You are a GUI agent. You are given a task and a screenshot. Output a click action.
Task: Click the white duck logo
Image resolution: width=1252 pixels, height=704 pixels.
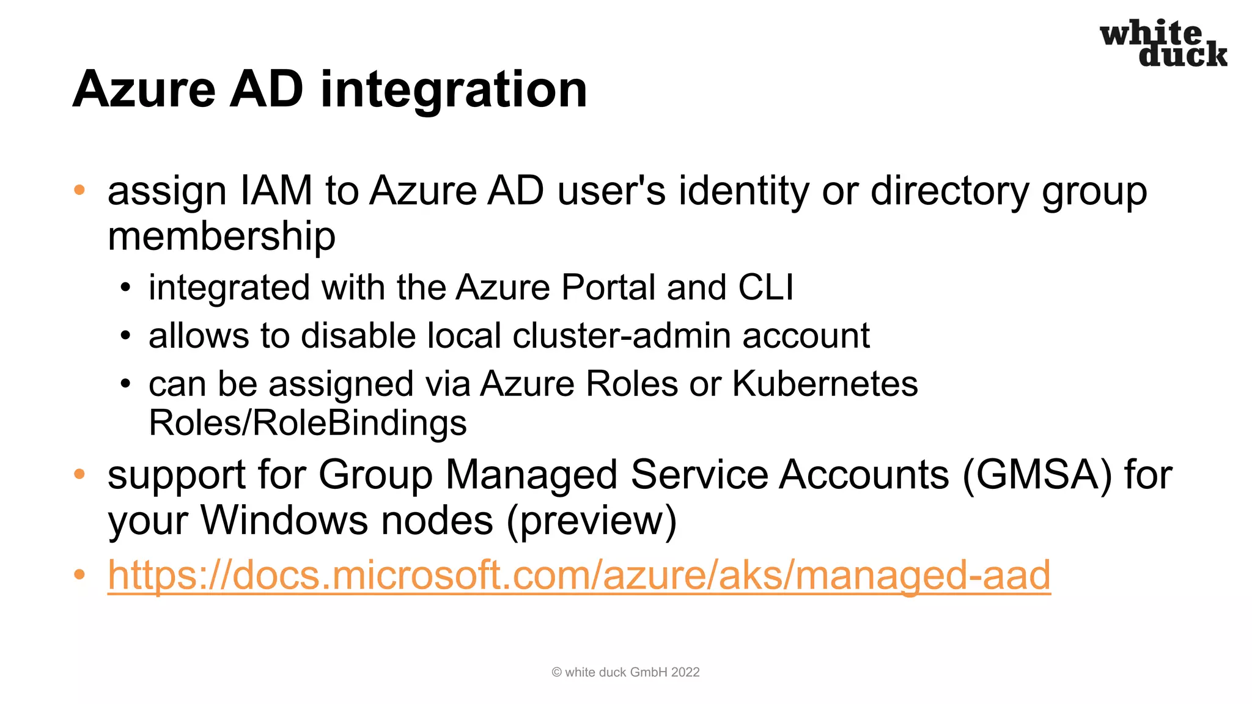pos(1163,43)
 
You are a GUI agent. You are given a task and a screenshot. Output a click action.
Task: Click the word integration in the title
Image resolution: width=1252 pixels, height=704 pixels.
pos(454,90)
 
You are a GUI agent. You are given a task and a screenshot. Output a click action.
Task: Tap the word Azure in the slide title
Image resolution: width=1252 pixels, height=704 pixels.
pos(144,90)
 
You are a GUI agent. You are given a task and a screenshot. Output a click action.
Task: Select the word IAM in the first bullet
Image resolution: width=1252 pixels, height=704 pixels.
pos(276,191)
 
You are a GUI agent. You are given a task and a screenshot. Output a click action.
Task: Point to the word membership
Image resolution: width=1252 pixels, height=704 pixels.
pos(221,237)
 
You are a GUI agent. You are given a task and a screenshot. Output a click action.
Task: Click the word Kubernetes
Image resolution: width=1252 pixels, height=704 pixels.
pos(825,384)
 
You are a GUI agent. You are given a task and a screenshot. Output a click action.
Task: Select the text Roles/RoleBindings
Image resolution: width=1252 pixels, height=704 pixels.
pos(307,423)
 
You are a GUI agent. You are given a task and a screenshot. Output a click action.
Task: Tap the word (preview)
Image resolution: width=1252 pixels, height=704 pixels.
pos(591,521)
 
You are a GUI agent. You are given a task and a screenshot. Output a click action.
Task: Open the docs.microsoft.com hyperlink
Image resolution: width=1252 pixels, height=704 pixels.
pos(579,576)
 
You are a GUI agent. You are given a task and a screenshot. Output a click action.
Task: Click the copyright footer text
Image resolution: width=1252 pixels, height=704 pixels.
pos(625,672)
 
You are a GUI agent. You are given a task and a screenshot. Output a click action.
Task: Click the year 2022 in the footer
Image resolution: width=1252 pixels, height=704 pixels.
pos(685,672)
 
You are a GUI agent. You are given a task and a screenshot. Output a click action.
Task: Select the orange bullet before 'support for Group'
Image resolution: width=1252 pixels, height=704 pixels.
pos(79,474)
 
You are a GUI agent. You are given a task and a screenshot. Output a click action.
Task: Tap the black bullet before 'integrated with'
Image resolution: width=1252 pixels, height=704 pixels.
pos(125,287)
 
